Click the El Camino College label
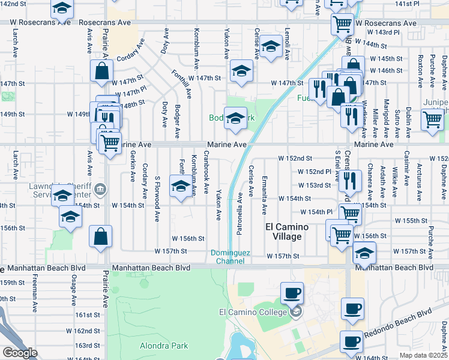tap(254, 311)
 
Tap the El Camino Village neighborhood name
tap(287, 232)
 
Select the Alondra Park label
tap(164, 346)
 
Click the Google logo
tap(19, 353)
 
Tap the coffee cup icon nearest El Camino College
tap(292, 293)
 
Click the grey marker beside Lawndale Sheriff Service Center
tap(101, 191)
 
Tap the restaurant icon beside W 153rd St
tap(351, 179)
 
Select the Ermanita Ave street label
tap(265, 196)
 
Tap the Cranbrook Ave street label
tap(205, 172)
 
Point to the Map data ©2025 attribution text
tap(424, 355)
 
